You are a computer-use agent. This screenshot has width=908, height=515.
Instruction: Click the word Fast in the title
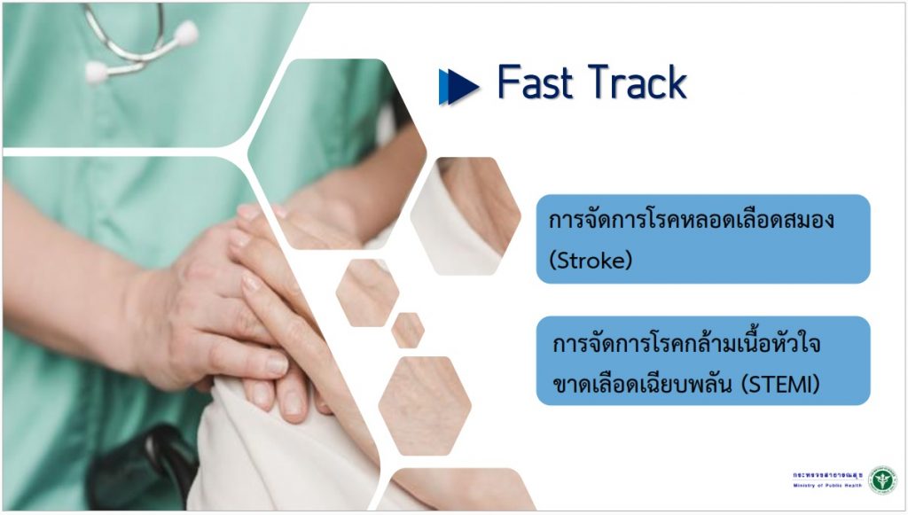click(x=535, y=82)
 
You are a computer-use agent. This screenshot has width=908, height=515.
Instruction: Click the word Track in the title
click(x=638, y=82)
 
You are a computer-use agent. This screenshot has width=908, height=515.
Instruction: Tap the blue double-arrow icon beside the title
click(x=458, y=87)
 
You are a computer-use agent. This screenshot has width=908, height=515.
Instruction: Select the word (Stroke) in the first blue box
click(x=590, y=261)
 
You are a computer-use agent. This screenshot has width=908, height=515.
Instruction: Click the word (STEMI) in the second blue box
click(x=780, y=384)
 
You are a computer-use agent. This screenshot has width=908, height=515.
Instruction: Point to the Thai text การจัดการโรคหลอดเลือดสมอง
click(x=692, y=220)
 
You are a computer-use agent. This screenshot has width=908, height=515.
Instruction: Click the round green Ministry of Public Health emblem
click(x=882, y=480)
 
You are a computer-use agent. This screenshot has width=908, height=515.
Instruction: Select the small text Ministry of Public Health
click(x=827, y=486)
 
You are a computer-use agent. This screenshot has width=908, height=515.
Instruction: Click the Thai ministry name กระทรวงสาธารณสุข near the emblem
click(x=827, y=475)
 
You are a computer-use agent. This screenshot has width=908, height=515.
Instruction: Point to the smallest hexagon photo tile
click(x=408, y=331)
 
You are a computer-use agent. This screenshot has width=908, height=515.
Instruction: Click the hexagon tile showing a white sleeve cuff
click(x=465, y=215)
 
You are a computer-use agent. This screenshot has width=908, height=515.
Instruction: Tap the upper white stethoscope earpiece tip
click(x=186, y=33)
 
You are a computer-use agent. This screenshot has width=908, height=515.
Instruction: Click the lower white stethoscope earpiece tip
click(x=96, y=73)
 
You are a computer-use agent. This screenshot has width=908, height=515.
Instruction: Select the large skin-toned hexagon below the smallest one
click(x=425, y=406)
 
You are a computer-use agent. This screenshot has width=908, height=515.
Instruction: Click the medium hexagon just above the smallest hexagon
click(x=367, y=293)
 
